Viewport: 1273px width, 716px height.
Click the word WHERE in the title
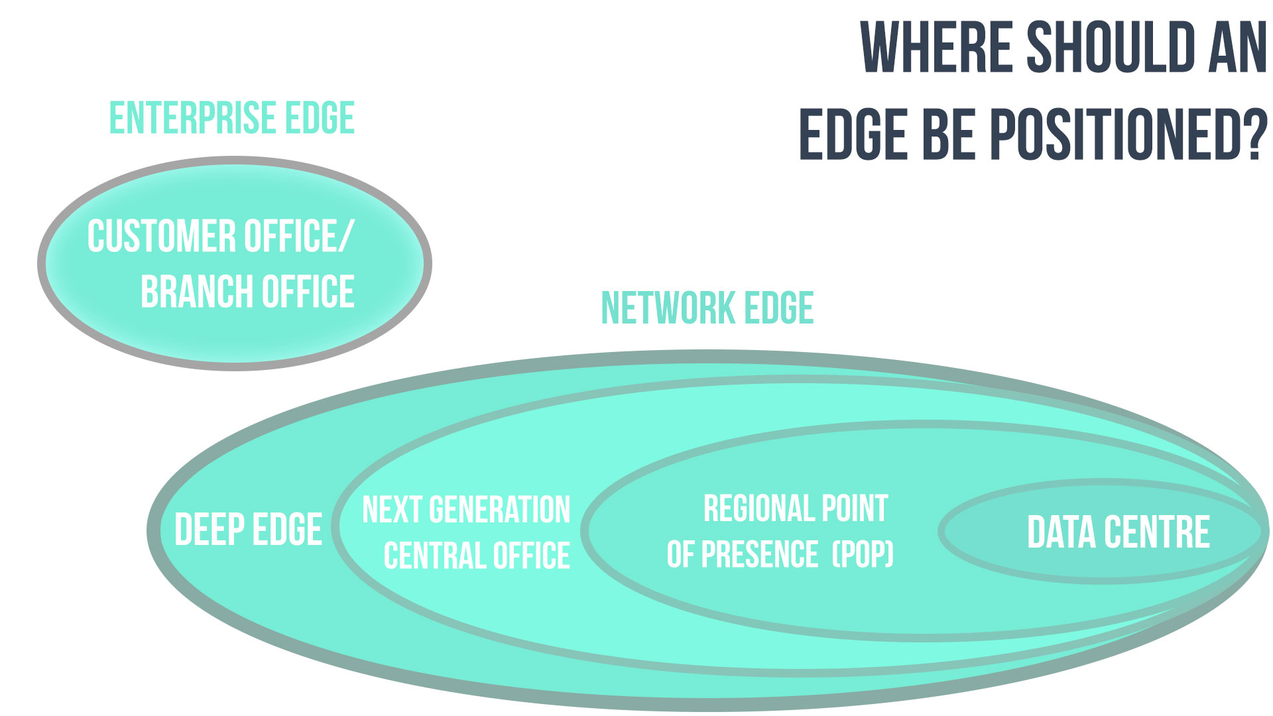(x=936, y=47)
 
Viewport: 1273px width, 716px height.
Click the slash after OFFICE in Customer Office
(x=346, y=236)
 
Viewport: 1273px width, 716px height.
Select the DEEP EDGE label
(x=248, y=529)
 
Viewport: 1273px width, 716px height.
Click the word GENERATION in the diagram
(x=499, y=510)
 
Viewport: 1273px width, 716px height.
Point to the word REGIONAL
(x=758, y=508)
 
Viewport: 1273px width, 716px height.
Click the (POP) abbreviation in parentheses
(x=863, y=554)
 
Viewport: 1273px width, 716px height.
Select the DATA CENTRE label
(x=1119, y=532)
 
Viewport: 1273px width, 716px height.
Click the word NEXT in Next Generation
(x=393, y=510)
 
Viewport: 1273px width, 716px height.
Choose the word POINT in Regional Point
(x=855, y=508)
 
